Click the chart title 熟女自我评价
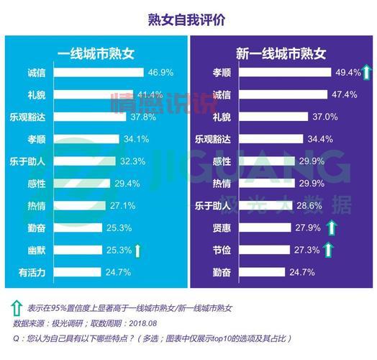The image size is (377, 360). click(188, 19)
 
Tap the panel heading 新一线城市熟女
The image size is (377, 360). click(281, 53)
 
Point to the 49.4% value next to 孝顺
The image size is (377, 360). click(342, 73)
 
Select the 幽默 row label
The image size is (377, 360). click(37, 251)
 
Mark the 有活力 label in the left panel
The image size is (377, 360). click(32, 273)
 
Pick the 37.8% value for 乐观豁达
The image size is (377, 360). click(142, 117)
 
